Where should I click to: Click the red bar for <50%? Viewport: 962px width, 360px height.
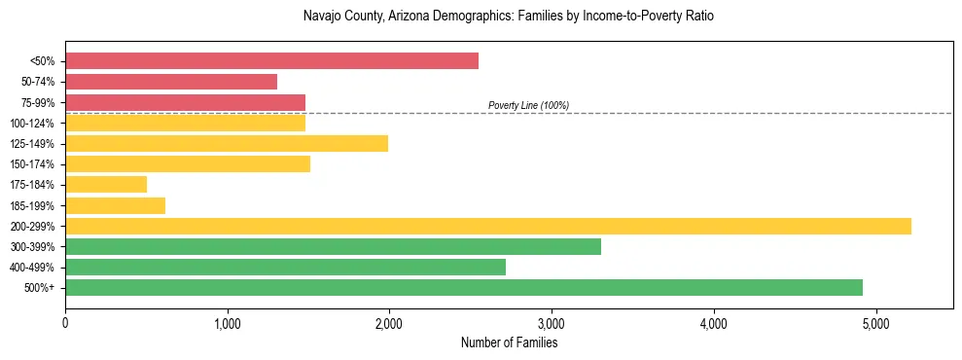point(271,61)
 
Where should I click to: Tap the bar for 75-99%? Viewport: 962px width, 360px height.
point(185,102)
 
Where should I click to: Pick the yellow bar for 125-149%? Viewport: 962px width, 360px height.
point(227,144)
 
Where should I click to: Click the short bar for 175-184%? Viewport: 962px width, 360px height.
point(106,185)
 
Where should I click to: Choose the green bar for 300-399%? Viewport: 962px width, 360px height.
point(333,247)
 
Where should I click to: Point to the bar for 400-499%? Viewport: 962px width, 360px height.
point(285,268)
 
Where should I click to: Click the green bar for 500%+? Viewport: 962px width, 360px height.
point(464,288)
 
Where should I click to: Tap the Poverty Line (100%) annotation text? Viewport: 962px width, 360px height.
point(528,106)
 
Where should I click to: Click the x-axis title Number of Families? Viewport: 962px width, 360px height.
point(509,342)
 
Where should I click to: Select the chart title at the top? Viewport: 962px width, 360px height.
point(509,17)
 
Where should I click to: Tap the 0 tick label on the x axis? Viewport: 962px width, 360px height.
point(65,323)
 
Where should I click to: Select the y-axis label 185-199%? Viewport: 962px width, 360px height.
point(32,206)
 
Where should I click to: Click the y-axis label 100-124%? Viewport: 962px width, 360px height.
point(32,124)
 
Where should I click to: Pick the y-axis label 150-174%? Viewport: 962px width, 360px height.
point(32,164)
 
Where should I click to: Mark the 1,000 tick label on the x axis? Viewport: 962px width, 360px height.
point(227,323)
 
